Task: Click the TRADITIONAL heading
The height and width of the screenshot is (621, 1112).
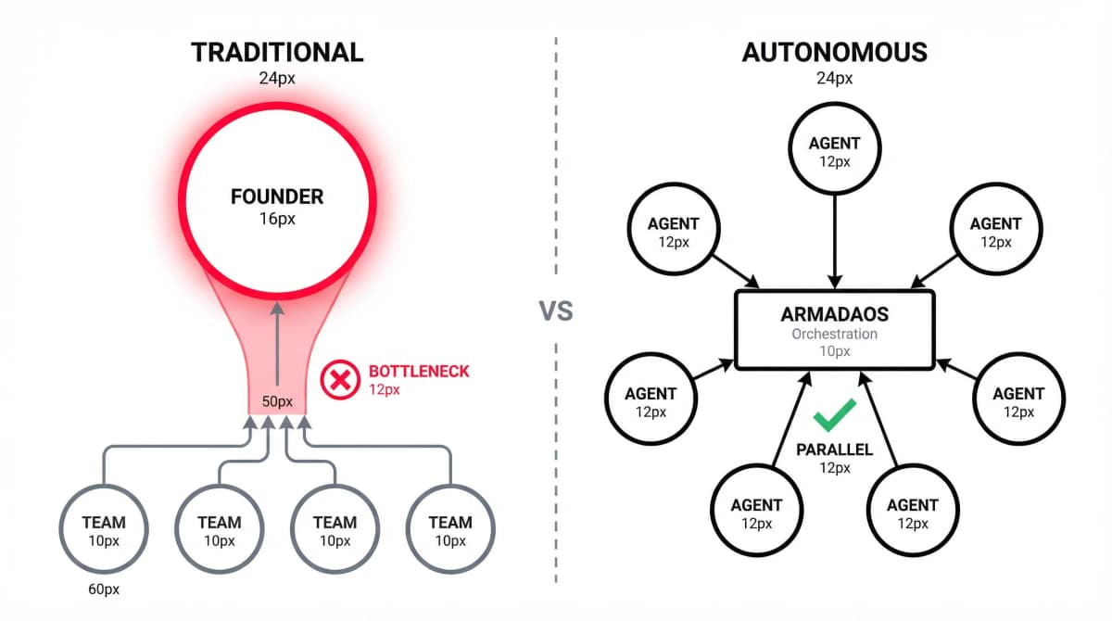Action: click(277, 52)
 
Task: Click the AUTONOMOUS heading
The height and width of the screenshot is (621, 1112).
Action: click(834, 52)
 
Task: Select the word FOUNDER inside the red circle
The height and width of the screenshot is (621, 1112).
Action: click(277, 197)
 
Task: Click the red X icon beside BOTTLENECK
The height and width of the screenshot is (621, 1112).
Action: click(339, 380)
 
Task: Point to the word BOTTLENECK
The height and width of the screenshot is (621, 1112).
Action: click(419, 372)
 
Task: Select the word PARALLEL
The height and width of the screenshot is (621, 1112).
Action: click(834, 450)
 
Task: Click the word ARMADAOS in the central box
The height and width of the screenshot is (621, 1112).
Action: click(834, 313)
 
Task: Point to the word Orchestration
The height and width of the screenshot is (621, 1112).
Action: click(834, 334)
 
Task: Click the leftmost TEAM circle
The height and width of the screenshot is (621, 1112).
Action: click(103, 530)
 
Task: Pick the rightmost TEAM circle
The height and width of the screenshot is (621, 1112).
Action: click(450, 530)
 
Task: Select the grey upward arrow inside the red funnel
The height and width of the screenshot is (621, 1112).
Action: click(277, 352)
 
